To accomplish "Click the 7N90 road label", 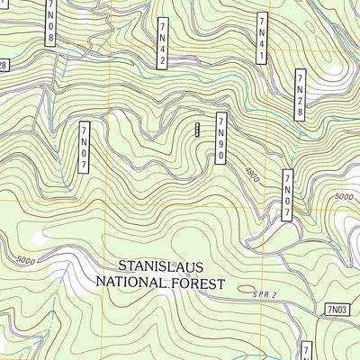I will pyautogui.click(x=220, y=139).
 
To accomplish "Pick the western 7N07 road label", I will pyautogui.click(x=85, y=147).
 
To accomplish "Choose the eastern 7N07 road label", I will pyautogui.click(x=288, y=194).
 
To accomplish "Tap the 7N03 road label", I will pyautogui.click(x=336, y=310).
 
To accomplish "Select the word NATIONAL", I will pyautogui.click(x=131, y=283).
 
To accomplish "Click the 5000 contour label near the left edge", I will pyautogui.click(x=24, y=260).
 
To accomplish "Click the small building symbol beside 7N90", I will pyautogui.click(x=197, y=129).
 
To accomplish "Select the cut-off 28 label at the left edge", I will pyautogui.click(x=3, y=65).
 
